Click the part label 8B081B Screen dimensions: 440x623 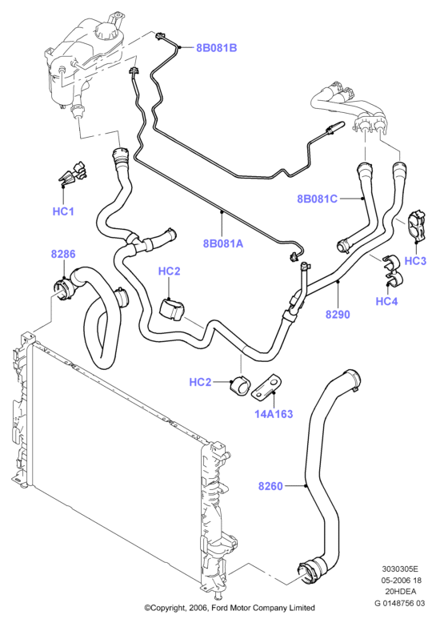click(217, 48)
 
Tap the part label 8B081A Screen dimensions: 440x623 click(222, 243)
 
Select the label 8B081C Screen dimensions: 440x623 click(318, 199)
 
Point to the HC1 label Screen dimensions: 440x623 click(63, 211)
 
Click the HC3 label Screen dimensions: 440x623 click(415, 260)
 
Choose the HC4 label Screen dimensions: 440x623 click(386, 301)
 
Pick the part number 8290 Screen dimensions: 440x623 click(338, 315)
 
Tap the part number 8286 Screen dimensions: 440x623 click(63, 254)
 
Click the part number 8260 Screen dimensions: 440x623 click(270, 486)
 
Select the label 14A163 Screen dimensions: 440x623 click(274, 414)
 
